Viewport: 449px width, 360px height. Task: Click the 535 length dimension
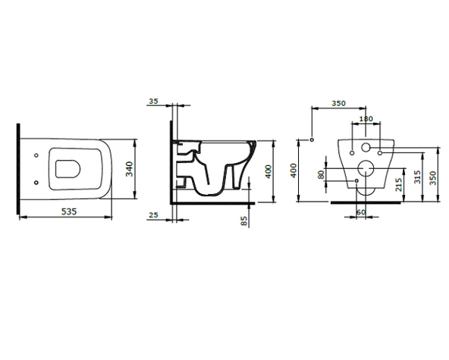coord(69,211)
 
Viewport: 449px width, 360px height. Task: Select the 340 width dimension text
coord(130,169)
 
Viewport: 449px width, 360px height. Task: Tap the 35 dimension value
coord(153,102)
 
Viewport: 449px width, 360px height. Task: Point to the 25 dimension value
coord(154,215)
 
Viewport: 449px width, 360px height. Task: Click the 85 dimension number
coord(244,221)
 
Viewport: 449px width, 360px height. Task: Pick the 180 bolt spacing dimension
coord(366,118)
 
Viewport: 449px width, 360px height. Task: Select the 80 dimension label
coord(322,174)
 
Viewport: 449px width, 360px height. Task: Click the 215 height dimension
coord(399,185)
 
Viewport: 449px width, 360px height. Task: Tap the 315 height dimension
coord(417,177)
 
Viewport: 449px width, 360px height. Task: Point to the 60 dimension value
coord(361,212)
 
